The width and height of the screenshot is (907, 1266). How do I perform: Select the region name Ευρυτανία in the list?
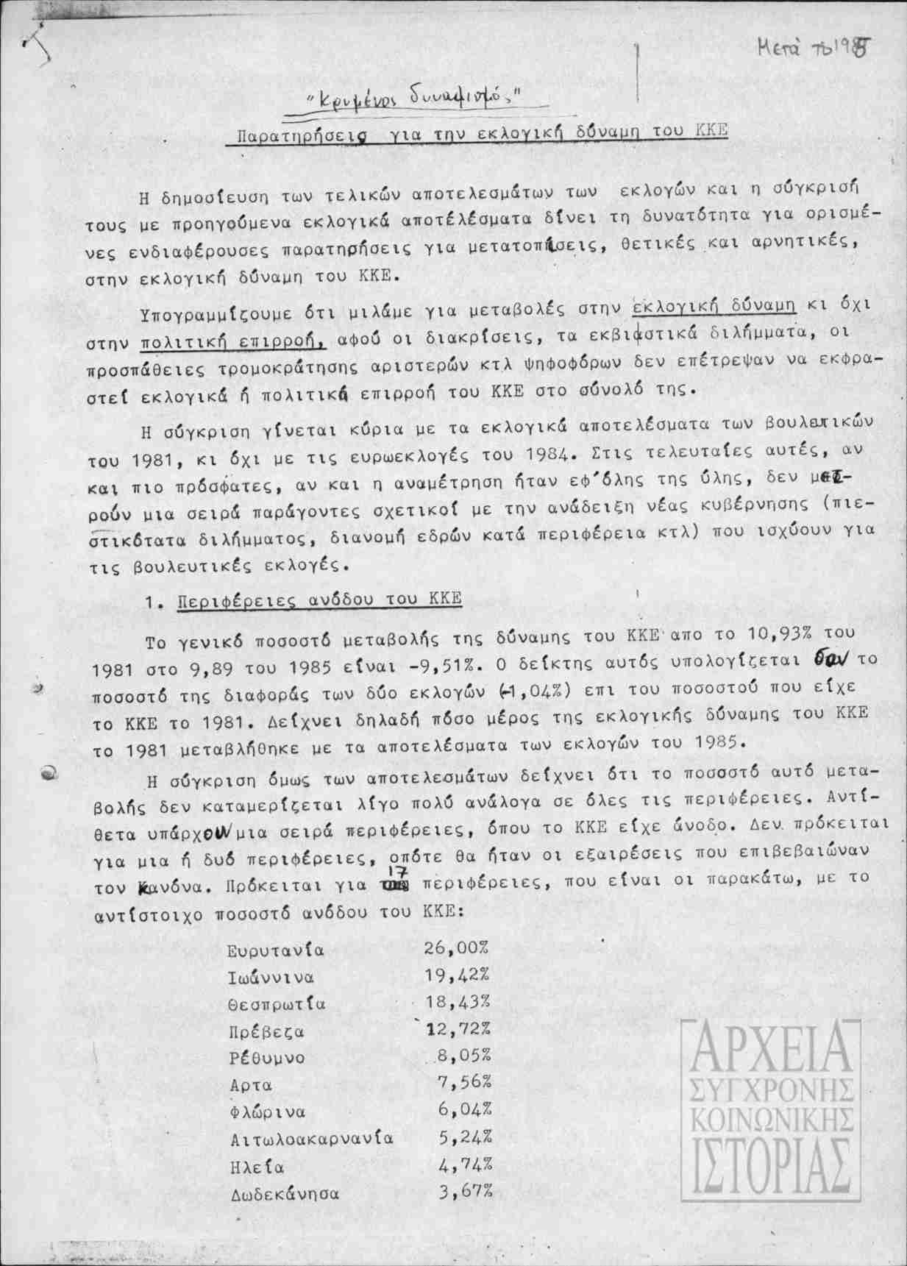coord(276,950)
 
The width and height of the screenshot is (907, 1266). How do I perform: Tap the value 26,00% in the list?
coord(457,947)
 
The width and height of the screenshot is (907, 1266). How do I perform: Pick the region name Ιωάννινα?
coord(271,978)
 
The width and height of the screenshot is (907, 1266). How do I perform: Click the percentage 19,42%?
coord(457,975)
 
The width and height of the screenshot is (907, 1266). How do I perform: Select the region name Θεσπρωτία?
coord(277,1004)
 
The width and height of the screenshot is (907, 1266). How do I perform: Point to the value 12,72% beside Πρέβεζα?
coord(458,1029)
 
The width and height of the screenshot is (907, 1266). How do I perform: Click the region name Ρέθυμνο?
coord(266,1059)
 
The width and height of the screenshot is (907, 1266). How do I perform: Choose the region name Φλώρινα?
coord(267,1112)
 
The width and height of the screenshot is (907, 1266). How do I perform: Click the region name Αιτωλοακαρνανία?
coord(312,1139)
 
